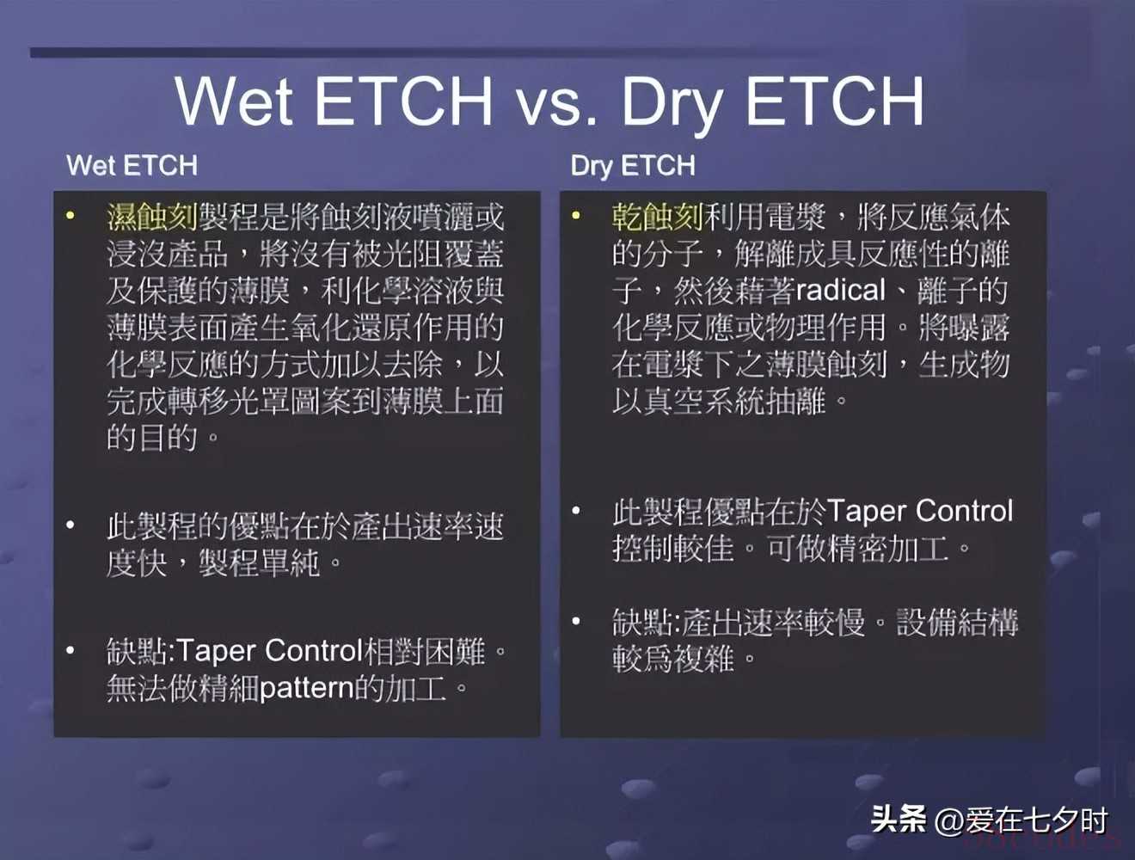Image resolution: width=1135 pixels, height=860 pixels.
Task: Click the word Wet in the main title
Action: click(234, 101)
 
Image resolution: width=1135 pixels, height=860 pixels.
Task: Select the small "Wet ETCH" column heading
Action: click(132, 165)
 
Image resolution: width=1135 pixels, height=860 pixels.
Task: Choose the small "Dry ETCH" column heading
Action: click(633, 166)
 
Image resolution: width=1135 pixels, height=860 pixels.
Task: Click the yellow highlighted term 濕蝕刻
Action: click(152, 217)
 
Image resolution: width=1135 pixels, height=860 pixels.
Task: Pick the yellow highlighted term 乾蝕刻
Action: click(657, 217)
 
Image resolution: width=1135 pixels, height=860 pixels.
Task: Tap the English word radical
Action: click(840, 290)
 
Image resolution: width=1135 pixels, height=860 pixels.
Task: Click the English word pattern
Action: click(308, 689)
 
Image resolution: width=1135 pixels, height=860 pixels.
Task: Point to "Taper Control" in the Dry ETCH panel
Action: click(920, 512)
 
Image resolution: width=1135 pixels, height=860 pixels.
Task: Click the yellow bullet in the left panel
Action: click(71, 215)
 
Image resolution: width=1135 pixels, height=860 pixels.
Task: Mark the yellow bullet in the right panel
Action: click(575, 215)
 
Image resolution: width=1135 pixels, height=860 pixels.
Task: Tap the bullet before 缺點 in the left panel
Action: click(71, 650)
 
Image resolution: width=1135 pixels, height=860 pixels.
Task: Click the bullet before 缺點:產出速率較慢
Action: click(575, 621)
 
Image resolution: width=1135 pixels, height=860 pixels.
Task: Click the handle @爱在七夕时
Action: click(1020, 820)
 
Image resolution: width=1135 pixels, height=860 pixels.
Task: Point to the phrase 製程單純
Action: click(260, 563)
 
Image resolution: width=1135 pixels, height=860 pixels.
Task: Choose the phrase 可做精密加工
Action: click(857, 549)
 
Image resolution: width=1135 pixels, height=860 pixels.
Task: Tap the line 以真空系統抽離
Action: click(718, 402)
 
